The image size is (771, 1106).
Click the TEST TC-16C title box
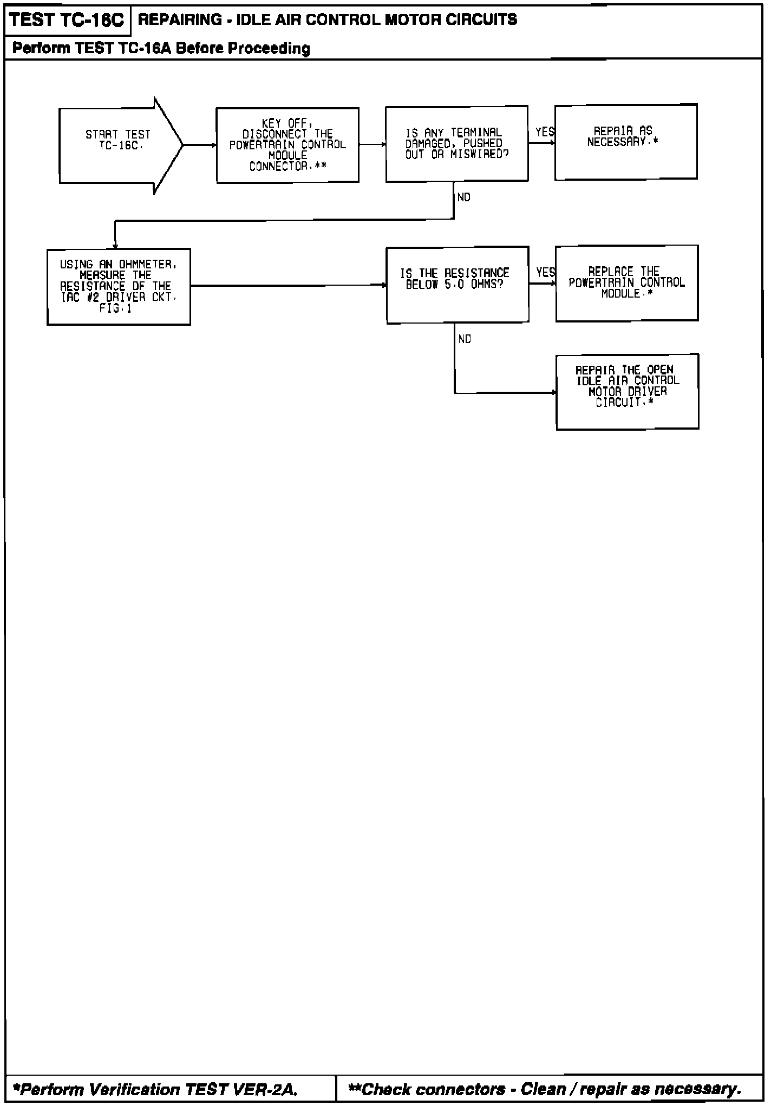coord(67,20)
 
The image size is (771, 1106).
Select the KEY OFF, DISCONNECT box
coord(288,145)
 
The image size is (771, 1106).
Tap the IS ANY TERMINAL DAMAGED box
coord(456,143)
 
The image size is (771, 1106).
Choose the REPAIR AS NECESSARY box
coord(626,142)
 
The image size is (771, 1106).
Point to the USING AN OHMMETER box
coord(119,286)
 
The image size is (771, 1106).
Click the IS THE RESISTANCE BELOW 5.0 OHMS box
coord(458,285)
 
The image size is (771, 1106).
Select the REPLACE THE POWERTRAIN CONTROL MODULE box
coord(626,283)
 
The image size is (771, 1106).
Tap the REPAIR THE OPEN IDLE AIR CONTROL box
coord(627,391)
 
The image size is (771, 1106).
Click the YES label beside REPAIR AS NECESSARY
coord(545,132)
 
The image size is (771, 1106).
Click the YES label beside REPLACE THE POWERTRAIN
coord(545,272)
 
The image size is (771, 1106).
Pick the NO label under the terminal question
coord(464,198)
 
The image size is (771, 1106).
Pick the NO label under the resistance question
coord(465,339)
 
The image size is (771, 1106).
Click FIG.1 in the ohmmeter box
coord(115,309)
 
